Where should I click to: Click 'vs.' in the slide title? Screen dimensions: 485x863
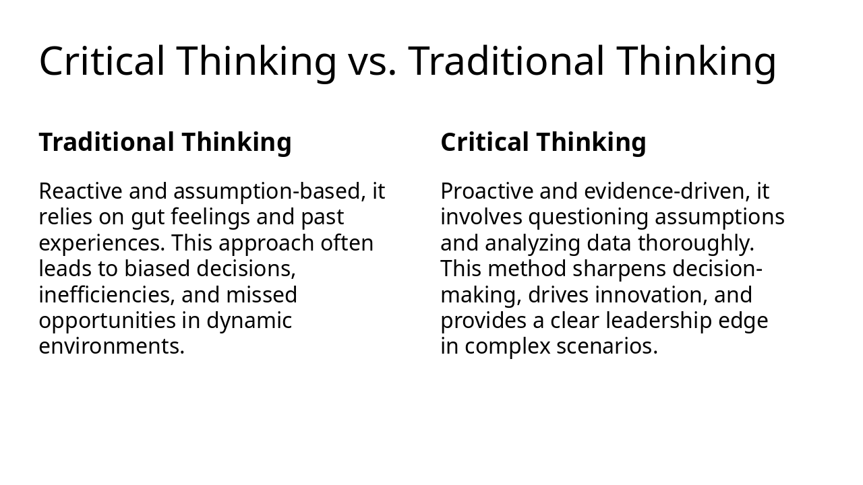(x=372, y=61)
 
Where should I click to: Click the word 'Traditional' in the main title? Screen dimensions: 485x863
(x=506, y=61)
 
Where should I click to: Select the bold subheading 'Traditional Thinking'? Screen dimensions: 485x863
(x=165, y=143)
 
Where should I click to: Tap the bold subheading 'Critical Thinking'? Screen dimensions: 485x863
(x=543, y=143)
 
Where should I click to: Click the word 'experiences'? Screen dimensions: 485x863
(x=101, y=243)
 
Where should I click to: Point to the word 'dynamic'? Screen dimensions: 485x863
(x=249, y=321)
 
